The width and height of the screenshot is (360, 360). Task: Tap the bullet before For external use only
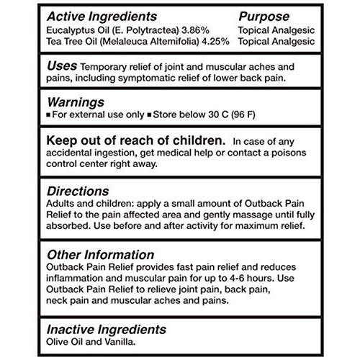tap(49, 114)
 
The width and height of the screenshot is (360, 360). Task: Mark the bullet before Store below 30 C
tap(149, 114)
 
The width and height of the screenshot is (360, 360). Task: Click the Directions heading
tap(78, 192)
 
